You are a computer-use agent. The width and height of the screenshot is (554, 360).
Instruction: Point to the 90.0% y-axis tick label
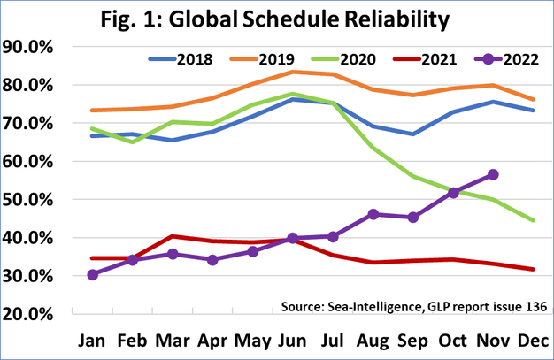coord(31,47)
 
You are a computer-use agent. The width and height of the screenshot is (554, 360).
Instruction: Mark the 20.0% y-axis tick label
coord(31,313)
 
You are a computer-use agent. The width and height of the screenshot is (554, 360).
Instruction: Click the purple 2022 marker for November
coord(493,174)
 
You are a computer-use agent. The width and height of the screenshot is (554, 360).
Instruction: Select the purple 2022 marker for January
coord(93,274)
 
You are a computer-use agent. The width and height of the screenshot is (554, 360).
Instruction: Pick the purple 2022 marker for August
coord(373,214)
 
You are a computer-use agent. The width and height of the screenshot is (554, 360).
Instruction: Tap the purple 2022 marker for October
coord(453,192)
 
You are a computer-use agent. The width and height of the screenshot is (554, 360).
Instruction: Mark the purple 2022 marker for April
coord(212,259)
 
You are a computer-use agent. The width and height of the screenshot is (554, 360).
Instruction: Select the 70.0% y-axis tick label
coord(31,123)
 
